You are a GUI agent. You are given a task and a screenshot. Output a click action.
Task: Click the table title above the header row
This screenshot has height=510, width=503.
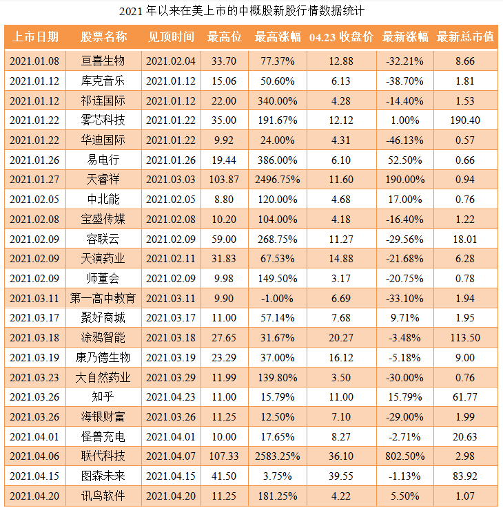(x=251, y=11)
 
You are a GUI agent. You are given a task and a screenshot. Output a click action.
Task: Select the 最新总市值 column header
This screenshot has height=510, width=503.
(x=465, y=36)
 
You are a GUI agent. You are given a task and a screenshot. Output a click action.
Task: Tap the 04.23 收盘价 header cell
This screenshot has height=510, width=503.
(x=341, y=36)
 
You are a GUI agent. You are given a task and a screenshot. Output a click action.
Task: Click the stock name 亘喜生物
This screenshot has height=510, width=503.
(x=103, y=61)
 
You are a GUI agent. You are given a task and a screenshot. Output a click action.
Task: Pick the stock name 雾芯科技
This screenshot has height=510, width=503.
(x=103, y=120)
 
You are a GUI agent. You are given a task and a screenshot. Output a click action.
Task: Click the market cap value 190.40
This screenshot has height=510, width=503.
(x=465, y=120)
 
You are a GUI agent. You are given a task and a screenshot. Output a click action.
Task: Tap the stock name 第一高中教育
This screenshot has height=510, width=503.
(x=103, y=299)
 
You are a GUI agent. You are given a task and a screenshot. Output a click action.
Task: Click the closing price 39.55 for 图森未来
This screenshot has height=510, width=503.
(x=341, y=476)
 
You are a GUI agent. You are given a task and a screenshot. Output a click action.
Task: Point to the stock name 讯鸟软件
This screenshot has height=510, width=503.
(x=103, y=496)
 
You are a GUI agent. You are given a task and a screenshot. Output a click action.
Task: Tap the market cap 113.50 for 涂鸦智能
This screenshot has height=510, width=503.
(x=465, y=338)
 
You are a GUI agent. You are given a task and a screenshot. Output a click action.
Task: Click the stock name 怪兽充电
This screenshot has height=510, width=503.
(x=103, y=436)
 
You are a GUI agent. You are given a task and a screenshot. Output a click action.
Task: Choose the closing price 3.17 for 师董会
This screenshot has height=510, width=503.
(x=341, y=279)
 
